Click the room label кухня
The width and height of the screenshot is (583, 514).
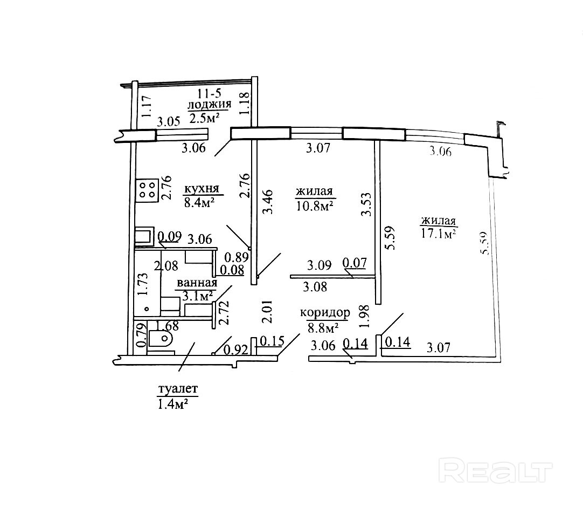[202, 189]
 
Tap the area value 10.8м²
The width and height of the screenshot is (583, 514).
[314, 205]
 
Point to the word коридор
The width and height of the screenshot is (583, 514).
[325, 313]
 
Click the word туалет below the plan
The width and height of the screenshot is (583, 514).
[178, 389]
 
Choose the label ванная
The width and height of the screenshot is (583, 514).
[197, 283]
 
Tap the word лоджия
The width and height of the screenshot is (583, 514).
[209, 105]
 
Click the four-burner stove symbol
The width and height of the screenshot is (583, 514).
[148, 189]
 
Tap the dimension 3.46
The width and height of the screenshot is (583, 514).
[268, 202]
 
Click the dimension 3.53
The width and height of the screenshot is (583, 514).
[366, 204]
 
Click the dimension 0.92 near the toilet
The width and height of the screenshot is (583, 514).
[235, 349]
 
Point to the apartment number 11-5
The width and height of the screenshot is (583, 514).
[209, 93]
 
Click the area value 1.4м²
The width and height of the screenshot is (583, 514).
[172, 404]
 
